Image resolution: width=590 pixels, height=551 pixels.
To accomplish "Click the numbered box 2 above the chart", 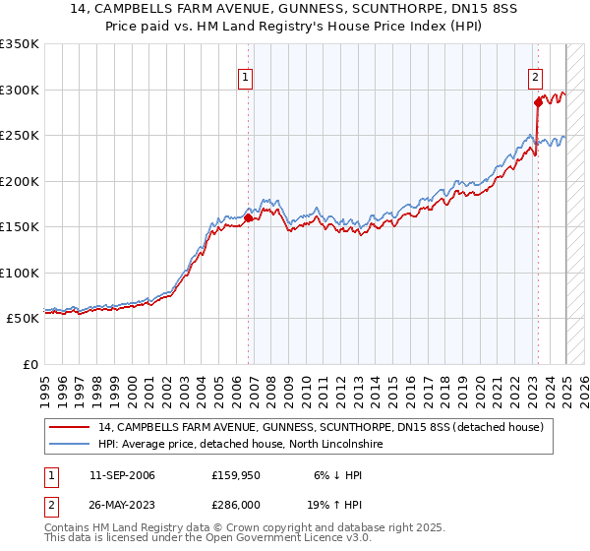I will pos(535,80).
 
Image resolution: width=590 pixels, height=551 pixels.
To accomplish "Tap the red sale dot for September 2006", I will pos(248,218).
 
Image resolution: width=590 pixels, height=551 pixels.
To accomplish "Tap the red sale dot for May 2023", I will pos(538,102).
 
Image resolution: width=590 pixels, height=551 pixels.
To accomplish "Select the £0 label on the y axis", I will pos(29,364).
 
